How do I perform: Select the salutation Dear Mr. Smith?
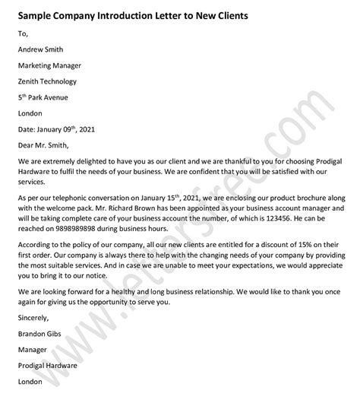[46, 149]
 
